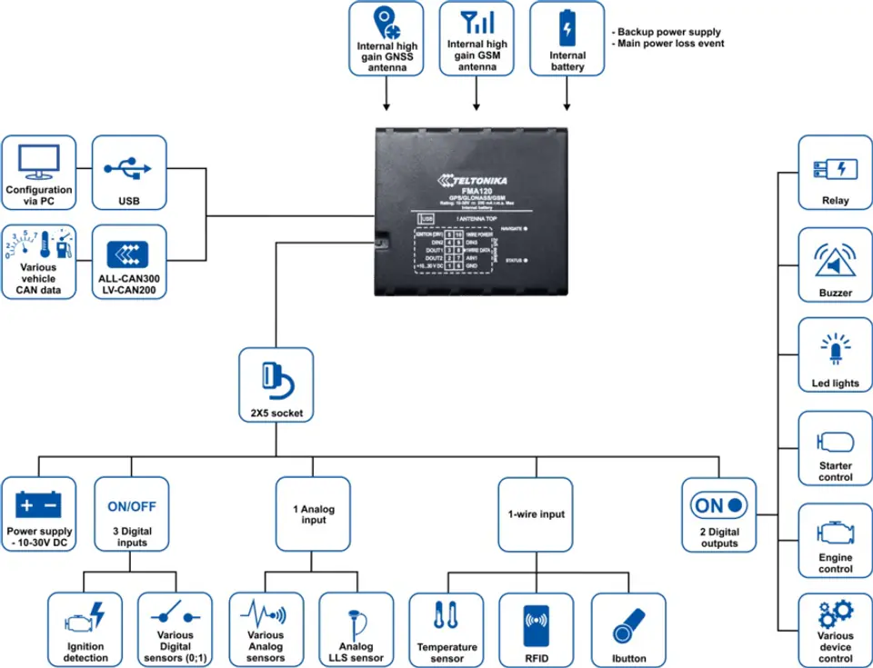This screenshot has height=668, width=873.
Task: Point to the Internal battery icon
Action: point(567,26)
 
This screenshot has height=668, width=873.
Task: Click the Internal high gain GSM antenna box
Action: point(477,39)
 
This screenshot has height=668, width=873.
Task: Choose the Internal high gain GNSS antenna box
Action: point(386,39)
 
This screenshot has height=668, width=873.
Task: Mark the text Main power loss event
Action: point(671,44)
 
